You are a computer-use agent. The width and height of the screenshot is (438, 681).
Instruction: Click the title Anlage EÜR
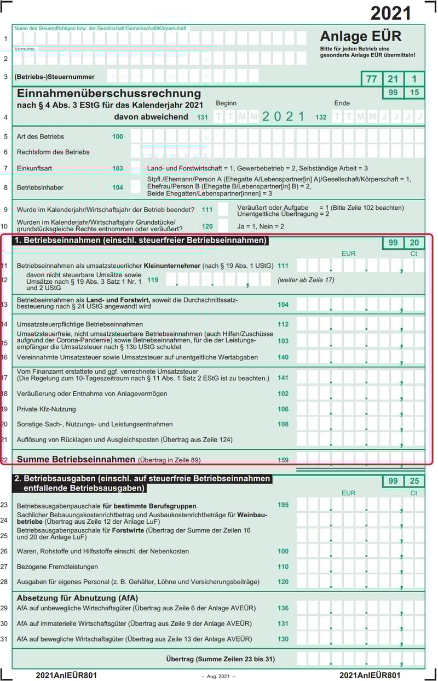tap(361, 36)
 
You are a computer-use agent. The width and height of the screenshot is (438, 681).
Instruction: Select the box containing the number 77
tap(371, 79)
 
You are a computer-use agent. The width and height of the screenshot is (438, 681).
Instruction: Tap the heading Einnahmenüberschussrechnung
tap(109, 94)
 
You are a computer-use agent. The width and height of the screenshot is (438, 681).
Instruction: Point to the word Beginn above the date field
tap(226, 103)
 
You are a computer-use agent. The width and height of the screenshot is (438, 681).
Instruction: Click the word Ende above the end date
tap(342, 103)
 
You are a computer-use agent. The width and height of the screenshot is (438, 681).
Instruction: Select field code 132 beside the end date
tap(321, 117)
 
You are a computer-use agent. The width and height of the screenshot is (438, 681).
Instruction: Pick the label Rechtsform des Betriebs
tap(53, 152)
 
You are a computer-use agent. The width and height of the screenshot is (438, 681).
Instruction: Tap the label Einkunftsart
tap(34, 168)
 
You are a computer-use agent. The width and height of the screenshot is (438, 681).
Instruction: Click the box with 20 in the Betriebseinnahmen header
tap(414, 243)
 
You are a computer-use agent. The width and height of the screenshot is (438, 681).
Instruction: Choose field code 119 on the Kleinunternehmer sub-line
tap(153, 280)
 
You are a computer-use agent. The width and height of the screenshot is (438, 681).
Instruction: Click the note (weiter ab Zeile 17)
tap(306, 280)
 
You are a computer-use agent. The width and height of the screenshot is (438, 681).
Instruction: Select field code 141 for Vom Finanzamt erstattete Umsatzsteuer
tap(283, 378)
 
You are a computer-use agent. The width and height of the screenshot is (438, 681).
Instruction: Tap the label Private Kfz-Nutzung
tap(47, 409)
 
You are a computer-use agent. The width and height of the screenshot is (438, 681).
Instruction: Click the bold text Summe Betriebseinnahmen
tap(76, 459)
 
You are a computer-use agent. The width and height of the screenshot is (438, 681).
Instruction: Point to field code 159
tap(283, 460)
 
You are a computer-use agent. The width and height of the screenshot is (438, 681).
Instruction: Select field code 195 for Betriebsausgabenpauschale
tap(283, 505)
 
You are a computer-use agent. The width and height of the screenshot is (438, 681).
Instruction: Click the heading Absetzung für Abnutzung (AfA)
tap(77, 598)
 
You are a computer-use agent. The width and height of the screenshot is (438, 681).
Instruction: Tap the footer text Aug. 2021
tap(218, 677)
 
